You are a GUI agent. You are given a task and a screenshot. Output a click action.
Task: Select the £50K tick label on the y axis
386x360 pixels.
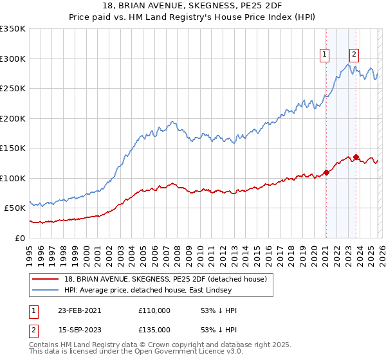click(x=15, y=208)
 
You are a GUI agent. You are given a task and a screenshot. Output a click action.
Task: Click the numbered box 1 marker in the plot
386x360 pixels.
click(x=326, y=55)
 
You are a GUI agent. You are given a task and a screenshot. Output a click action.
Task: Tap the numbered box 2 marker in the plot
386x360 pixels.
click(x=354, y=55)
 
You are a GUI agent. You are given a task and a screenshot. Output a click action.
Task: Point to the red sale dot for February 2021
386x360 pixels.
click(x=326, y=172)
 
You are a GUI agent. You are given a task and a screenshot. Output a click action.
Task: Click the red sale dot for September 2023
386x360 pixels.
click(x=356, y=157)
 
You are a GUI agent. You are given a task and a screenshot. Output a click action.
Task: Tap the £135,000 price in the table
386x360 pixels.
click(x=154, y=330)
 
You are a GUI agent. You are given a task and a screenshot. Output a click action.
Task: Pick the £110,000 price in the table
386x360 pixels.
click(x=154, y=310)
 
